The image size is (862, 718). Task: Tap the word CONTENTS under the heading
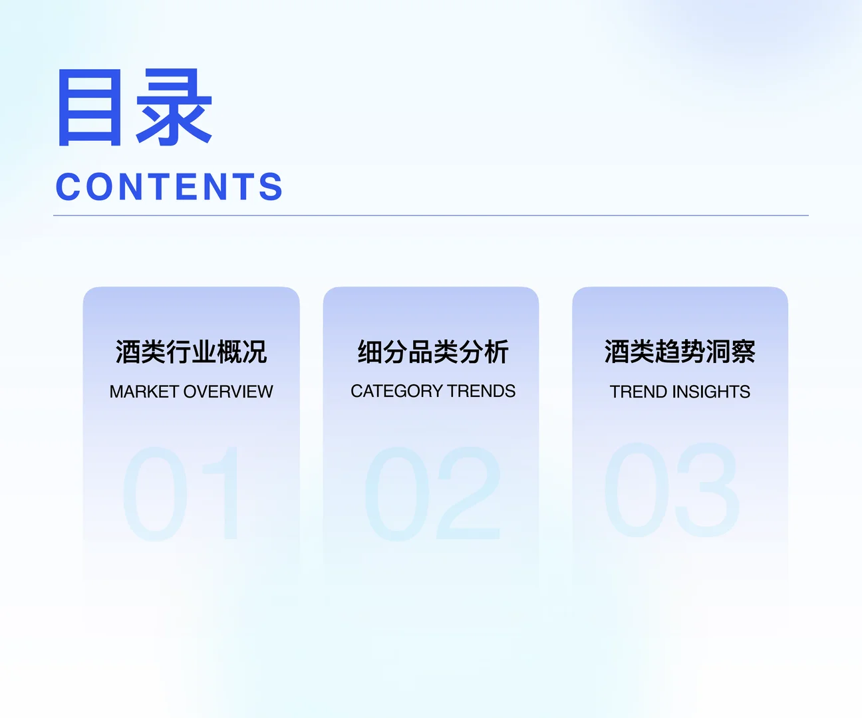(x=170, y=187)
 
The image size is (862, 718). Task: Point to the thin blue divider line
(x=431, y=215)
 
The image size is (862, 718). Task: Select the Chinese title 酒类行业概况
(x=191, y=352)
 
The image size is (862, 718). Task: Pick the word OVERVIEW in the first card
(x=228, y=392)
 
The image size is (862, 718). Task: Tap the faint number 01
(x=181, y=493)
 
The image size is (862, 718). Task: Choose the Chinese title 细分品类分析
(x=433, y=352)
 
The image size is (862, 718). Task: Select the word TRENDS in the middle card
(x=482, y=391)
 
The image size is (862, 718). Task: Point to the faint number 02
(x=432, y=493)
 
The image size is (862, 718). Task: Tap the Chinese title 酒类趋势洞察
(x=680, y=352)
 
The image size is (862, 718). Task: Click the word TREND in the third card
(x=639, y=392)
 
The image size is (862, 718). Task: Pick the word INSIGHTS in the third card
(x=711, y=392)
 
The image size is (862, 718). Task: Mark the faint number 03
(x=672, y=491)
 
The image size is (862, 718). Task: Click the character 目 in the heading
(x=89, y=108)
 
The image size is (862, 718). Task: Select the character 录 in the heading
(x=174, y=108)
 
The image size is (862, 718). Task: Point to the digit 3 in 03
(x=706, y=491)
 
